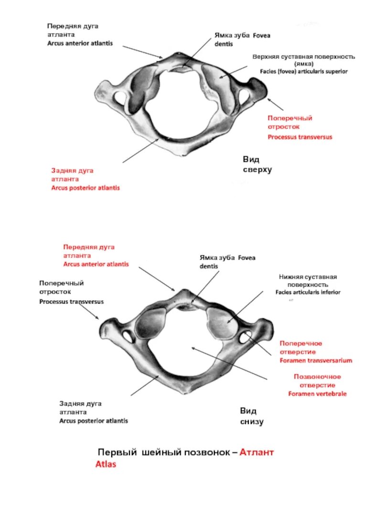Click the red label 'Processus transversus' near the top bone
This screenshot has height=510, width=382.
tap(299, 137)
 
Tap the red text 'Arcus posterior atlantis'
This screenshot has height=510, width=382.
tap(85, 188)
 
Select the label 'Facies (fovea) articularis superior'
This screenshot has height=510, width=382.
tap(304, 71)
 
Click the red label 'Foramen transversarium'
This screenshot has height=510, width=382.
tap(316, 360)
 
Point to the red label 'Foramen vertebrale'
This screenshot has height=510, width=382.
tap(317, 394)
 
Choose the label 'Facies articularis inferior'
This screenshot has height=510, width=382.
tap(308, 292)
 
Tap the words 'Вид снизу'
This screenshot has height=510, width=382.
tap(251, 416)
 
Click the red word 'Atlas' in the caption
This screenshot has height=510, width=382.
tap(106, 464)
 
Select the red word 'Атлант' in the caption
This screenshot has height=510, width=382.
tap(257, 452)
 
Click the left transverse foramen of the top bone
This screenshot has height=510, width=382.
tap(118, 99)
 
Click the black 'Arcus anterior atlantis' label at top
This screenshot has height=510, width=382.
tap(80, 43)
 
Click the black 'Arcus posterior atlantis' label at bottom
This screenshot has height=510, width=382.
tap(94, 421)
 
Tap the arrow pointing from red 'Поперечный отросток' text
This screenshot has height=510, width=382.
tap(276, 104)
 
